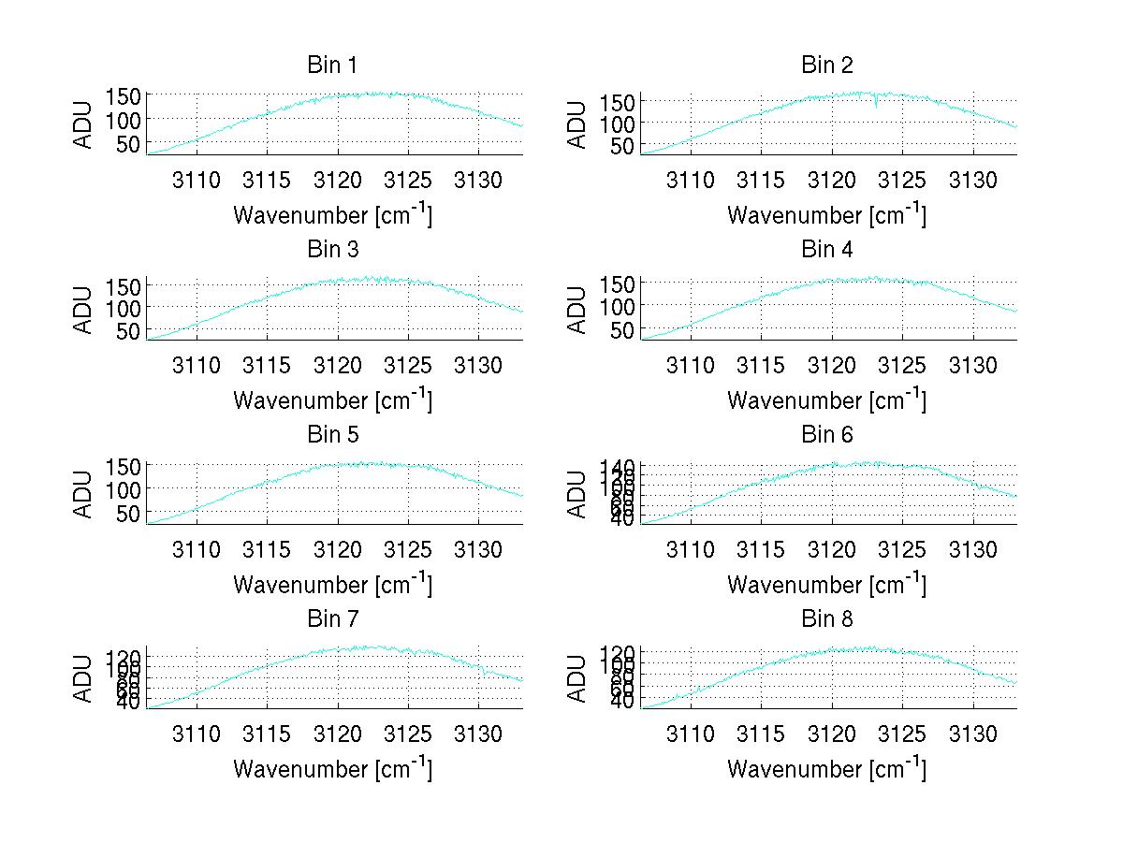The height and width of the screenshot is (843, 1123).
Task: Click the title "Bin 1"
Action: point(331,65)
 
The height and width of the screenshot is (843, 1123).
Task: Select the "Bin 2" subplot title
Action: point(826,65)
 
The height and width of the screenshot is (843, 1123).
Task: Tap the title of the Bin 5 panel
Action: point(331,435)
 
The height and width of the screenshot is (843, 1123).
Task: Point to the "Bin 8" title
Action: point(826,619)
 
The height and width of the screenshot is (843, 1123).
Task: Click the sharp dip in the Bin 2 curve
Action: point(876,104)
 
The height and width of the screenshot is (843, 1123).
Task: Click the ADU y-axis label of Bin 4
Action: point(577,310)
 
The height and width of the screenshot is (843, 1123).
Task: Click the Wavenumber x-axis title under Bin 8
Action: point(826,768)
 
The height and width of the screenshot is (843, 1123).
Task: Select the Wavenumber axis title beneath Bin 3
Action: point(331,400)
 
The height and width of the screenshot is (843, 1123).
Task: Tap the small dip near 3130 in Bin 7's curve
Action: point(484,670)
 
